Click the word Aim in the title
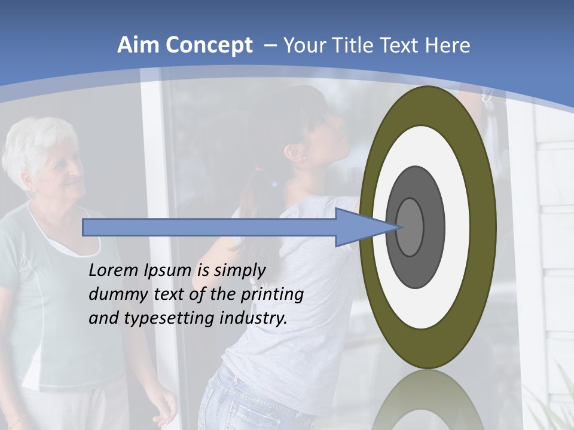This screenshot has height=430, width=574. (x=138, y=45)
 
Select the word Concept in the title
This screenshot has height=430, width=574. (x=209, y=45)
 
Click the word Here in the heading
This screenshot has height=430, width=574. (x=448, y=45)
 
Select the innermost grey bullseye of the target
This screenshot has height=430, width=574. (x=410, y=228)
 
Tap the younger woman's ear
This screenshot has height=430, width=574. (x=293, y=154)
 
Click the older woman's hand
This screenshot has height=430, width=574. (x=163, y=406)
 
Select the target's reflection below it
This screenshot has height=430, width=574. (x=427, y=403)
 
